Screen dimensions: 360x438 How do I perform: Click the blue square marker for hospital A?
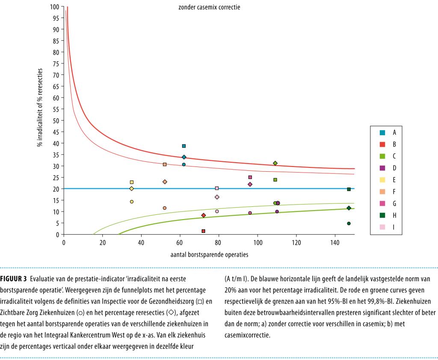coord(184,146)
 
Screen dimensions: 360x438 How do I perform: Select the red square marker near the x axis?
coord(203,231)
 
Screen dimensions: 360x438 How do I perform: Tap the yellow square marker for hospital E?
coord(131,182)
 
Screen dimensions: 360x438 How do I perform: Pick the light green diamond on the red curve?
coord(275,163)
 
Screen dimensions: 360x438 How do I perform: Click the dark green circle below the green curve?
coord(349,223)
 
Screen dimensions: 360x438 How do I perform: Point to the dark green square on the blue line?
coord(349,189)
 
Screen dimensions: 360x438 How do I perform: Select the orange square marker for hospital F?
coord(165,164)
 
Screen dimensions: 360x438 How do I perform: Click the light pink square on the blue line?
coord(217,188)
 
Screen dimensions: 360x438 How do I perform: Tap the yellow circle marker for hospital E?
coord(131,202)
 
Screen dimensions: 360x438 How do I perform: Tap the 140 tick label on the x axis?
coord(334,241)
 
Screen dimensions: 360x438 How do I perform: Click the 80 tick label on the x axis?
coord(219,241)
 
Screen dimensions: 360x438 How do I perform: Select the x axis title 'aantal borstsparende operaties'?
coord(209,254)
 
